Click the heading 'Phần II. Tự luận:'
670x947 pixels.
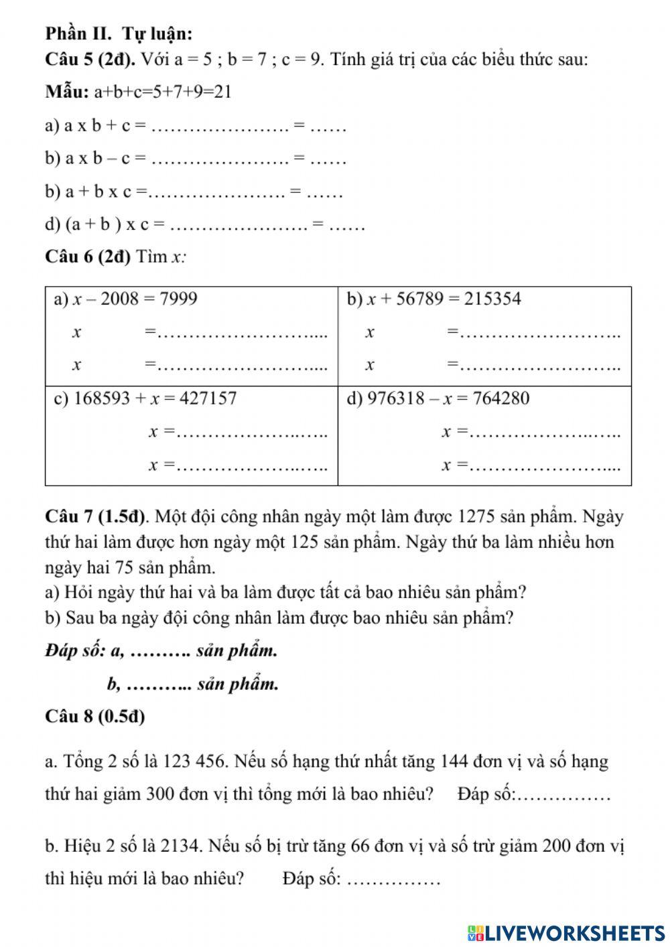[x=119, y=33]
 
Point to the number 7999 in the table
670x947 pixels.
[x=179, y=299]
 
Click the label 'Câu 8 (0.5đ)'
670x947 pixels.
[x=95, y=716]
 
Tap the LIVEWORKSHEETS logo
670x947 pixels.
[x=566, y=933]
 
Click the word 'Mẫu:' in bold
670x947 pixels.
[x=67, y=92]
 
